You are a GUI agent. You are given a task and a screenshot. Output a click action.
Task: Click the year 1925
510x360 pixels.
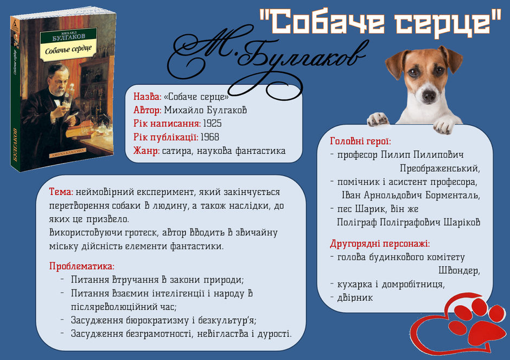pyautogui.click(x=212, y=124)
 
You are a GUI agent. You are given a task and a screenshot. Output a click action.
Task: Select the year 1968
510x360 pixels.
pyautogui.click(x=209, y=137)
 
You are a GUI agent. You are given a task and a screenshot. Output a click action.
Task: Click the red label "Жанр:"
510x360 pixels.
pyautogui.click(x=146, y=151)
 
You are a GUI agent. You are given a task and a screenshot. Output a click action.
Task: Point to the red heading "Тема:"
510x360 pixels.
pyautogui.click(x=61, y=192)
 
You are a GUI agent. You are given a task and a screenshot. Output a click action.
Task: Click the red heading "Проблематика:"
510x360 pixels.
pyautogui.click(x=82, y=266)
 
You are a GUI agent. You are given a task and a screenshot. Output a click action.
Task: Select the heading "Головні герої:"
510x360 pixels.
pyautogui.click(x=360, y=141)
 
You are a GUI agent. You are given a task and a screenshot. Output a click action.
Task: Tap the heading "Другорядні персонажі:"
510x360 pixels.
pyautogui.click(x=380, y=243)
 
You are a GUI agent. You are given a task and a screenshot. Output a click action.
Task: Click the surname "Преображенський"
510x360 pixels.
pyautogui.click(x=440, y=168)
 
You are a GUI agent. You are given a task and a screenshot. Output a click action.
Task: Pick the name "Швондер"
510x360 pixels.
pyautogui.click(x=459, y=271)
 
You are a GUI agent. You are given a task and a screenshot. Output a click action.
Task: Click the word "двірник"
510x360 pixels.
pyautogui.click(x=355, y=298)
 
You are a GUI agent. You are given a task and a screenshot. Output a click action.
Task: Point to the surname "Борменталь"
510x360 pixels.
pyautogui.click(x=452, y=195)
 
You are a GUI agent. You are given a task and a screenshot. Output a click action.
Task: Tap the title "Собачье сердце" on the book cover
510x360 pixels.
pyautogui.click(x=68, y=49)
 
